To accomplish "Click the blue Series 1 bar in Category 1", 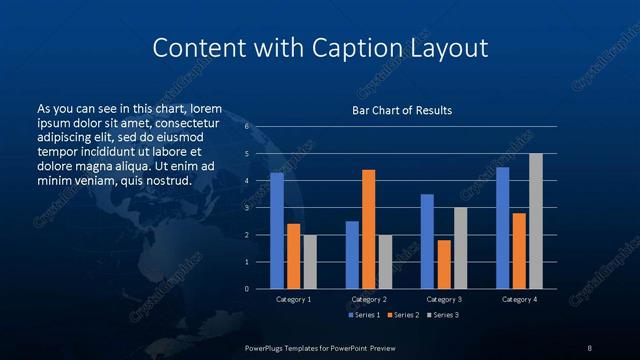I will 277,231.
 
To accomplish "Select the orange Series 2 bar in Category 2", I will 369,229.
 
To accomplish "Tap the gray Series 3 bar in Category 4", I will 536,221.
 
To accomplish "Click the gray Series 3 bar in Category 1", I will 310,262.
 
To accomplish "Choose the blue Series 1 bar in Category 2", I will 352,255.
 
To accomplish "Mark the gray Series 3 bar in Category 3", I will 460,248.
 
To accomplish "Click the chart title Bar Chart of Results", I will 402,110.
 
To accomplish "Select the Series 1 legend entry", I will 361,315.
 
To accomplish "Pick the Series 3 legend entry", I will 443,315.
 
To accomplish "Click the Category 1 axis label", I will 294,299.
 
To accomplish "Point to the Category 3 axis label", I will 444,299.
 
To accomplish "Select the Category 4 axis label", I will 519,299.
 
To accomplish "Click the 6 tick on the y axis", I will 247,127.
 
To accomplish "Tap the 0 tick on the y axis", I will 247,289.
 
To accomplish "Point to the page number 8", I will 589,347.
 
